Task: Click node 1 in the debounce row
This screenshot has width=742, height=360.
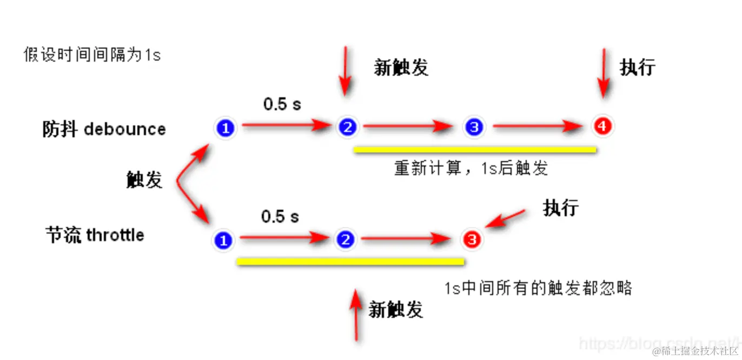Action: (226, 128)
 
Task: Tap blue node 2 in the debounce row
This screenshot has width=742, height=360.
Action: (347, 128)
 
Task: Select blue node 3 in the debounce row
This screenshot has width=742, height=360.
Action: (474, 128)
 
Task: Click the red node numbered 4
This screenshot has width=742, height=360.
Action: (602, 126)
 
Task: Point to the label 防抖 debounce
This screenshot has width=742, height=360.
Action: (104, 129)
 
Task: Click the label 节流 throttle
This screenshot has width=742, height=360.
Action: (95, 235)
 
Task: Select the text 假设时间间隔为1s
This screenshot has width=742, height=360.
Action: (92, 55)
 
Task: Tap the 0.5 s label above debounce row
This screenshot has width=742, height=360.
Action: (282, 104)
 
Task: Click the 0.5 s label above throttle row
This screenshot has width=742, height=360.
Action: (280, 217)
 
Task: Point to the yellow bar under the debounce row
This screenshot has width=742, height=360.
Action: (475, 150)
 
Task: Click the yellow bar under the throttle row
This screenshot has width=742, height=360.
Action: (350, 262)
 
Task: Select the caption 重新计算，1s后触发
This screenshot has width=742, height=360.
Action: (471, 169)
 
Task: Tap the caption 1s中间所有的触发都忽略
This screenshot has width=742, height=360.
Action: (538, 288)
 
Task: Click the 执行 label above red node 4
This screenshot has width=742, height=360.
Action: (638, 67)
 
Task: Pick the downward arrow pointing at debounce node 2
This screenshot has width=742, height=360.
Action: (344, 70)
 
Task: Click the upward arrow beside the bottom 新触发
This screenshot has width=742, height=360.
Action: (356, 316)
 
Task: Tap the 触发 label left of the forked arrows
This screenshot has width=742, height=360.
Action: (144, 179)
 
